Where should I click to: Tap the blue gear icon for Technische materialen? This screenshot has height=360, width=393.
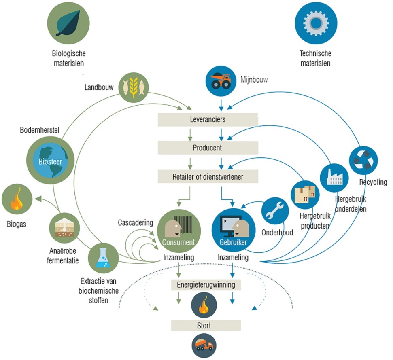[x=315, y=24]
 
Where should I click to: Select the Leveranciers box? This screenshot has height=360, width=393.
[x=208, y=120]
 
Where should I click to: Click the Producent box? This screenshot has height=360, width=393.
[x=208, y=148]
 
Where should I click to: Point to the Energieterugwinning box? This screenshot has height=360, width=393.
[x=206, y=284]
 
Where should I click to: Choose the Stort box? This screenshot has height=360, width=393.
[x=206, y=325]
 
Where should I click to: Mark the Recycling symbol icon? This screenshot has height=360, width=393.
[x=363, y=159]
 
